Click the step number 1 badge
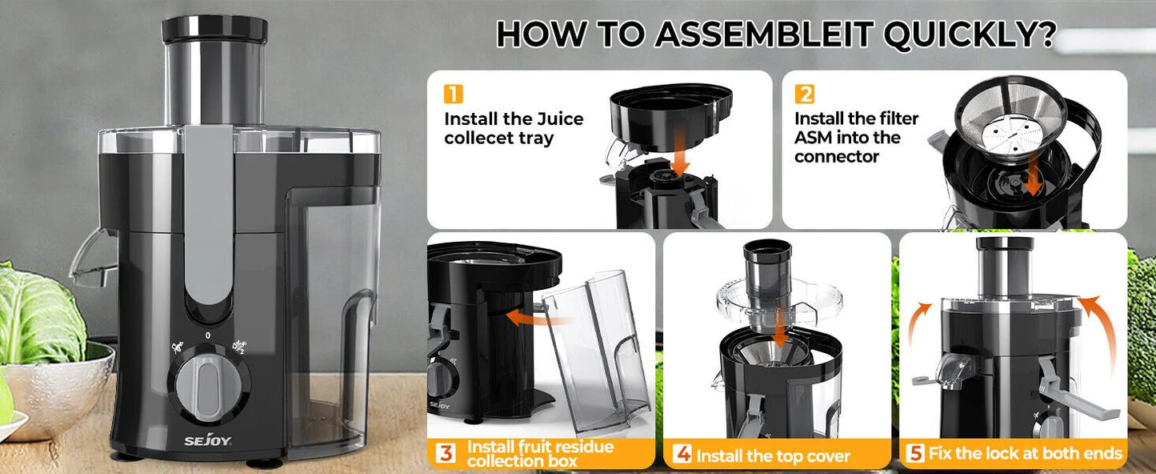click(x=453, y=94)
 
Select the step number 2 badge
click(x=804, y=94)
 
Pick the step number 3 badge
click(x=446, y=454)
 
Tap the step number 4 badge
click(x=682, y=455)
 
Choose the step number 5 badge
click(x=916, y=454)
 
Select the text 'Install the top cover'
click(x=774, y=456)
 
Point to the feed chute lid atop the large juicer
click(x=214, y=29)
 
